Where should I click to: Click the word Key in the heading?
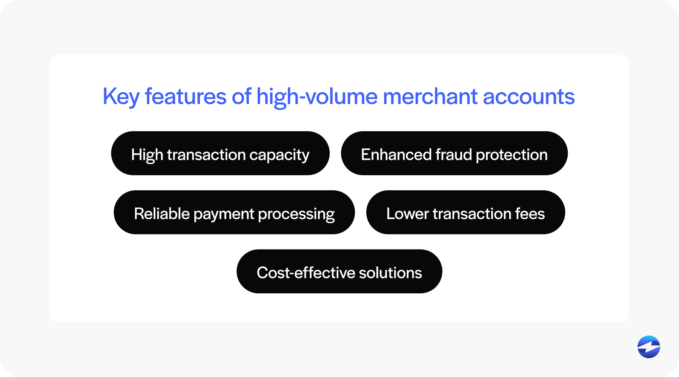pyautogui.click(x=121, y=97)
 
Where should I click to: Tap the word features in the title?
pyautogui.click(x=186, y=96)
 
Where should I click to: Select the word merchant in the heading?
pyautogui.click(x=430, y=97)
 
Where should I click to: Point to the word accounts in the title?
pyautogui.click(x=529, y=97)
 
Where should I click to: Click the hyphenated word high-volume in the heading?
pyautogui.click(x=317, y=97)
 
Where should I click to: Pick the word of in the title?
pyautogui.click(x=241, y=96)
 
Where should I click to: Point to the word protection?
pyautogui.click(x=512, y=155)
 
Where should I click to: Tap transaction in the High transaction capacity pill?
pyautogui.click(x=206, y=155)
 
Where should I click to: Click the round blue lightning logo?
pyautogui.click(x=649, y=347)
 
